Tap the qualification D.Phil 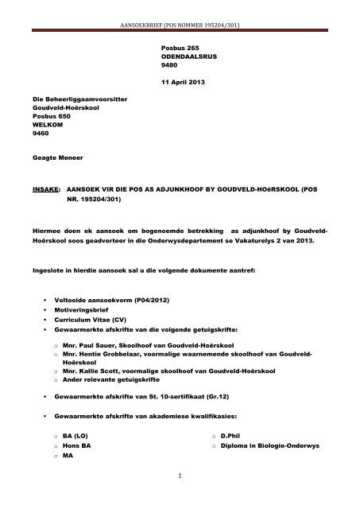[x=231, y=436]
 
